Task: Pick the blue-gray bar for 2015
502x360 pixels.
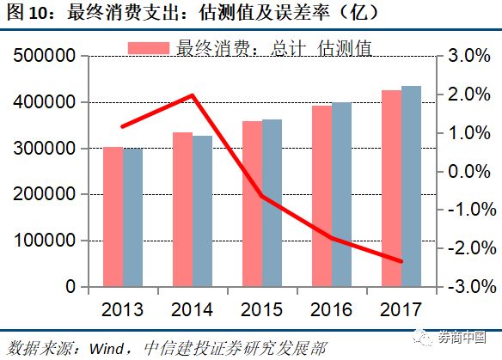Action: coord(272,203)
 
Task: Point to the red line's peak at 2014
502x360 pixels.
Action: coord(193,95)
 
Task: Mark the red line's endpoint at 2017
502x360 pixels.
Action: coord(401,261)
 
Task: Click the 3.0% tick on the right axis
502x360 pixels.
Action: coord(468,57)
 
